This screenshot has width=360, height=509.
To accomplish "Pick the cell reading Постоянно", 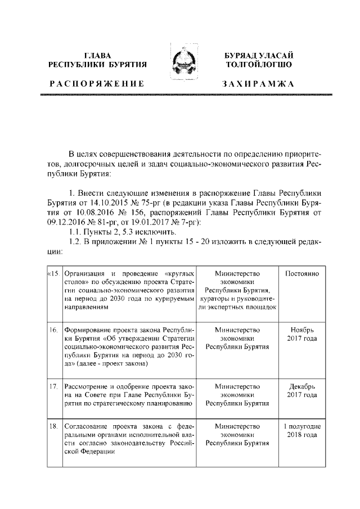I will pyautogui.click(x=301, y=273).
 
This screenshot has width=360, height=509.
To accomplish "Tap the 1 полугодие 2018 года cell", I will pyautogui.click(x=301, y=431).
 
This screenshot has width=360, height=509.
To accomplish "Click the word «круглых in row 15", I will pyautogui.click(x=175, y=273).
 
